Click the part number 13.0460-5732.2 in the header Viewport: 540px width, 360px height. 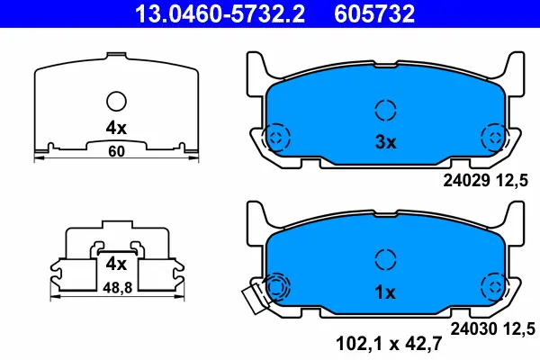coord(220,13)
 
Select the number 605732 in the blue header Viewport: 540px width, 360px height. coord(374,13)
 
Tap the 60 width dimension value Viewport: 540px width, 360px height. coord(116,151)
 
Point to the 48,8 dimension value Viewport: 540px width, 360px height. coord(117,288)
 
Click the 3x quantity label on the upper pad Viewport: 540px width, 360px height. coord(385,142)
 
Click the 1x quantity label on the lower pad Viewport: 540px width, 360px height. coord(385,292)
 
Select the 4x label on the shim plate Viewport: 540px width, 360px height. coord(116,128)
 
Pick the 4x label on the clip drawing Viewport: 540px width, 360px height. coord(116,265)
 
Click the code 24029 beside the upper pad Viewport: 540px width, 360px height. coord(466,181)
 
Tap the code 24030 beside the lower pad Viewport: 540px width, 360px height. coord(474,329)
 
